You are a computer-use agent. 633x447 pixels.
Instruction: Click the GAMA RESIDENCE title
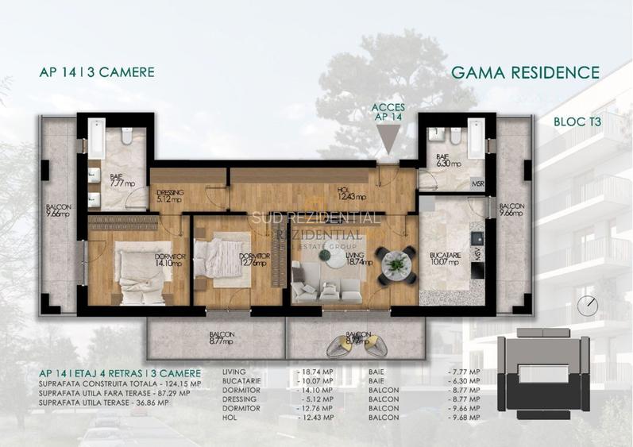(525, 73)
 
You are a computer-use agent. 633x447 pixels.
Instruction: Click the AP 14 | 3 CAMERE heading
(96, 73)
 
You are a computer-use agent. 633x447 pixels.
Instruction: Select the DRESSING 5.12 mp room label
(169, 196)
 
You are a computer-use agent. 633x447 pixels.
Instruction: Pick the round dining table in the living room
(395, 262)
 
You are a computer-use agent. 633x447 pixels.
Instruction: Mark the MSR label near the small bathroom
(478, 185)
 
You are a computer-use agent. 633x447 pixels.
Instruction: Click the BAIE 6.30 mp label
(439, 161)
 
